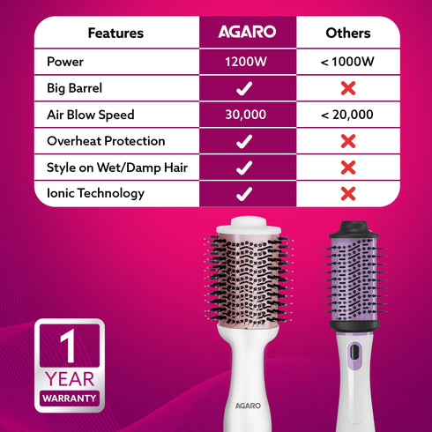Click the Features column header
click(x=115, y=34)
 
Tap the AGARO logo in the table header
click(x=247, y=33)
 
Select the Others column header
click(x=347, y=34)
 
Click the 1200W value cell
click(x=246, y=63)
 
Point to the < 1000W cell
click(x=347, y=63)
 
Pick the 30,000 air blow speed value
click(x=246, y=115)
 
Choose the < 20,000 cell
click(x=347, y=115)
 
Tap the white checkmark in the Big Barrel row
click(x=246, y=89)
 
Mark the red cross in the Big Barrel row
click(x=347, y=89)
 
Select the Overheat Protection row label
click(x=105, y=141)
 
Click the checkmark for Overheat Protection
click(x=246, y=141)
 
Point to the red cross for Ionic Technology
click(x=347, y=193)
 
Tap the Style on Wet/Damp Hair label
click(x=116, y=168)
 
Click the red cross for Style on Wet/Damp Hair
click(x=347, y=168)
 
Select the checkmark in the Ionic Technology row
click(x=246, y=193)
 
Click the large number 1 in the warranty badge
click(x=67, y=346)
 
